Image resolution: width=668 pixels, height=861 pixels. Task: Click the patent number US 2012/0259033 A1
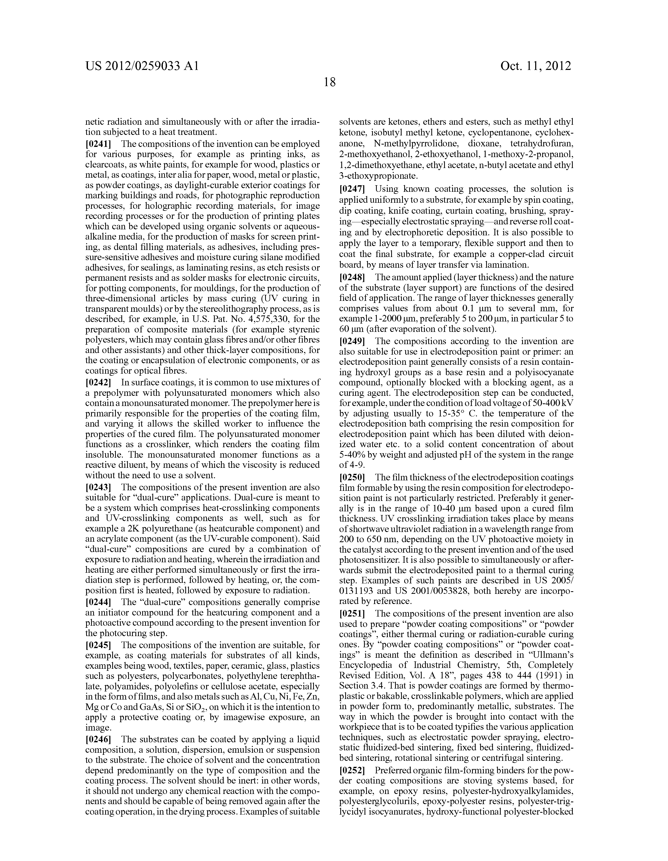(142, 66)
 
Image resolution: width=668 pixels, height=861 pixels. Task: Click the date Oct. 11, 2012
(535, 66)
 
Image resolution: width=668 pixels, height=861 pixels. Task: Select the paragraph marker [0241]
(99, 144)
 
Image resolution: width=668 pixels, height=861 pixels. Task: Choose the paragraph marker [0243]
(99, 488)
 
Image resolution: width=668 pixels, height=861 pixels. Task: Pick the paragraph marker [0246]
(99, 739)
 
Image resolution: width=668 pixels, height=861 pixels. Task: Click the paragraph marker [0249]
(353, 342)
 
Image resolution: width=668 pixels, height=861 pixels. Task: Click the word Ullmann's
(548, 655)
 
